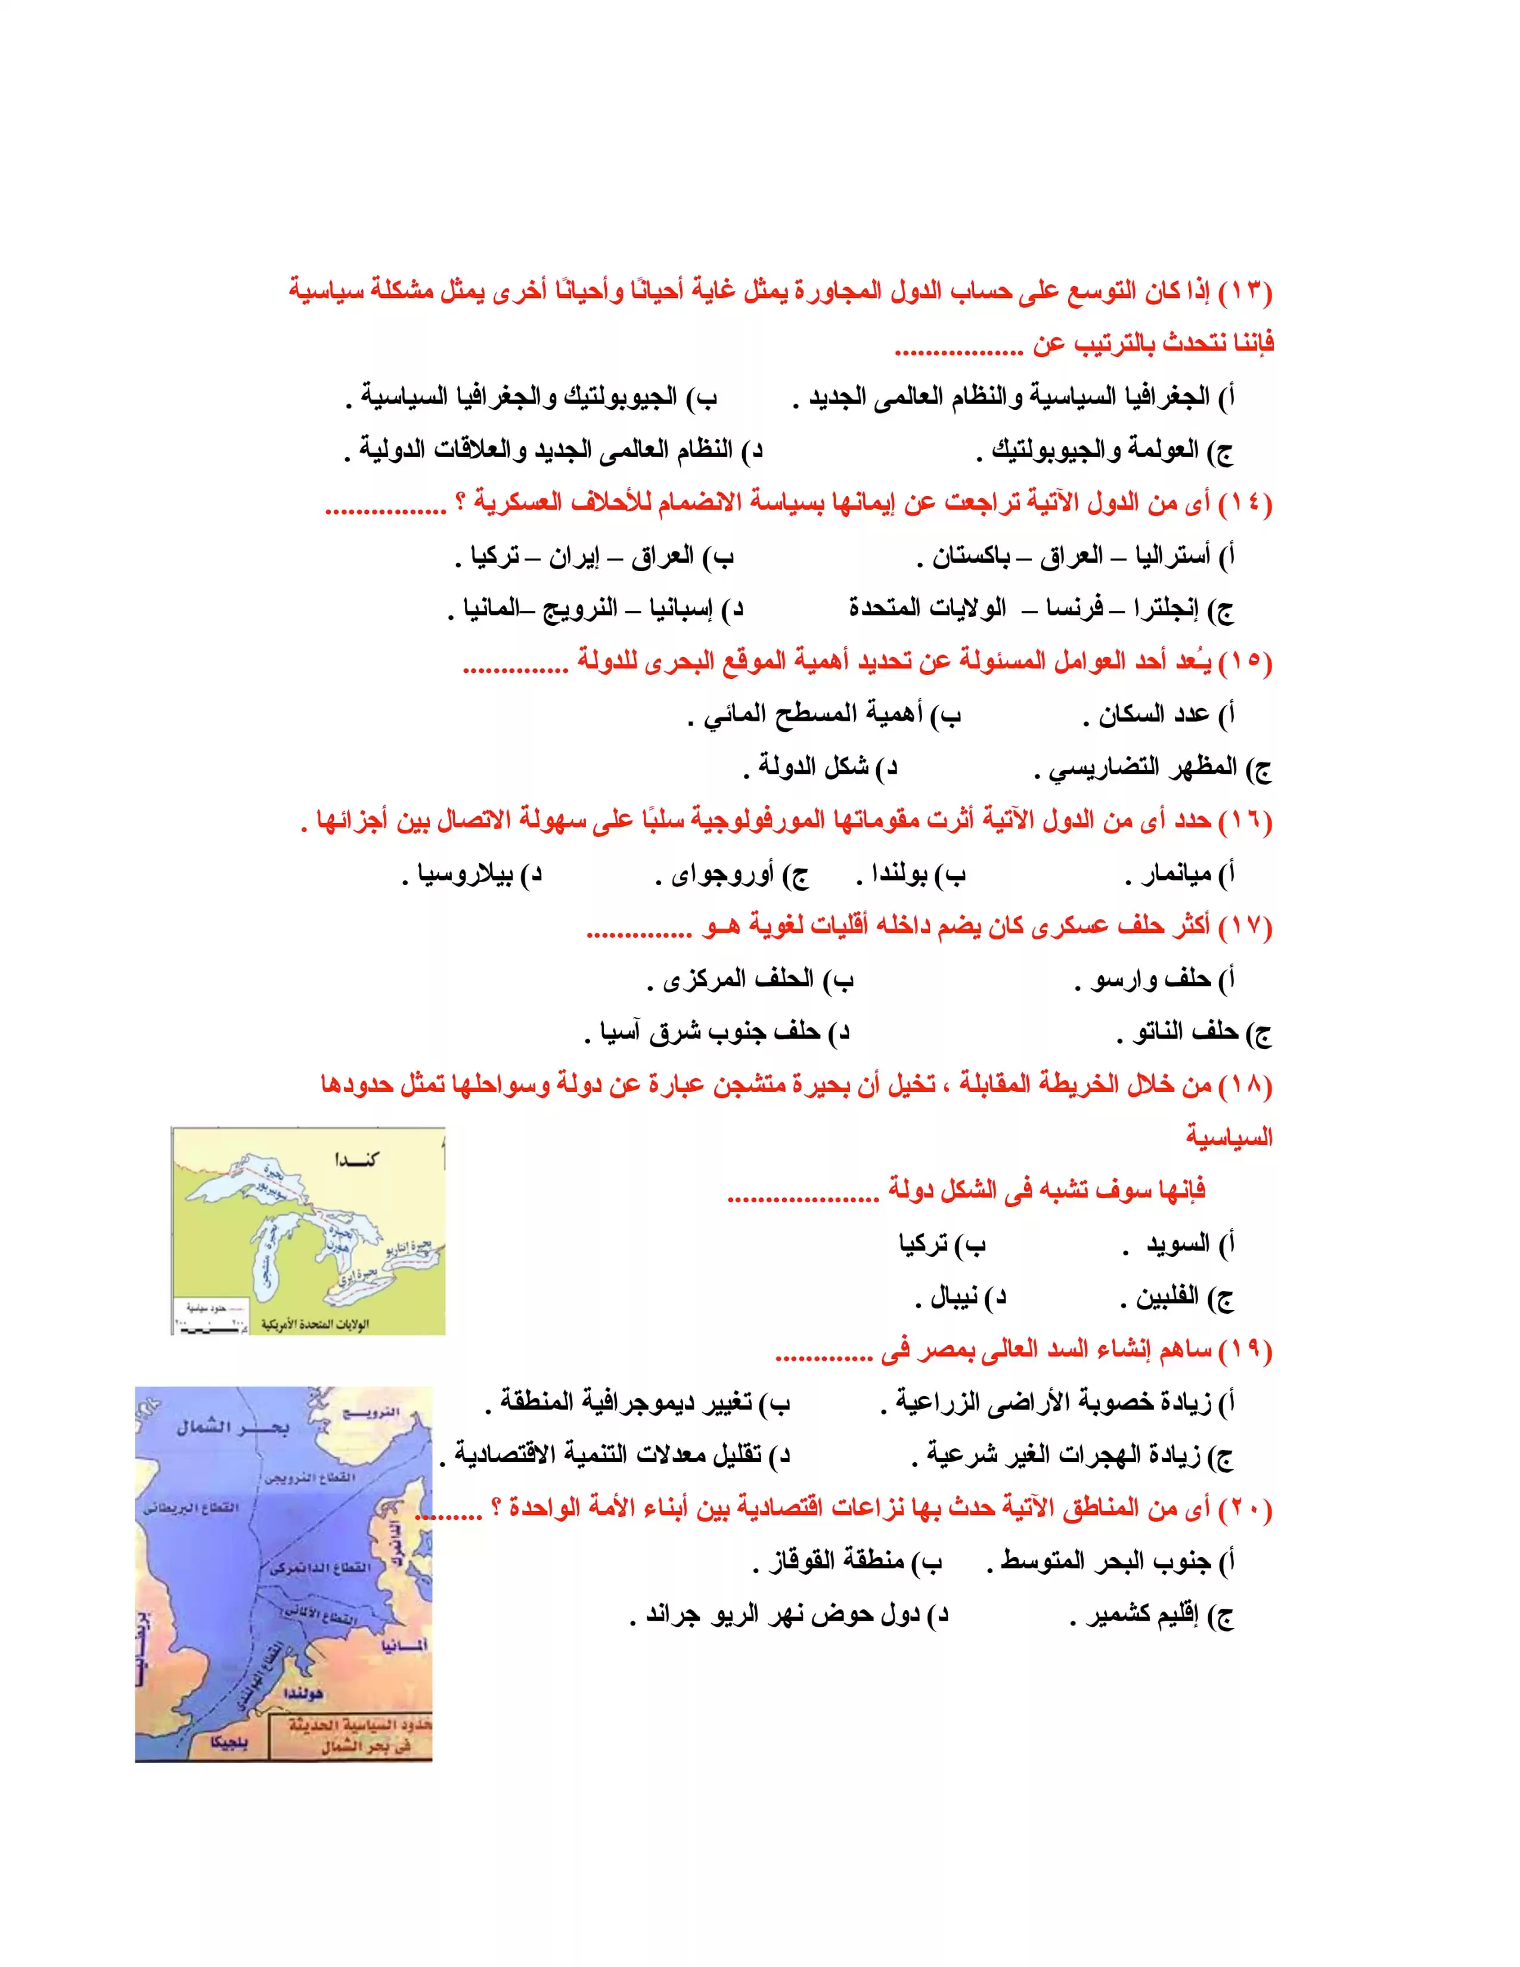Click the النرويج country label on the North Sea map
coord(371,1412)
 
